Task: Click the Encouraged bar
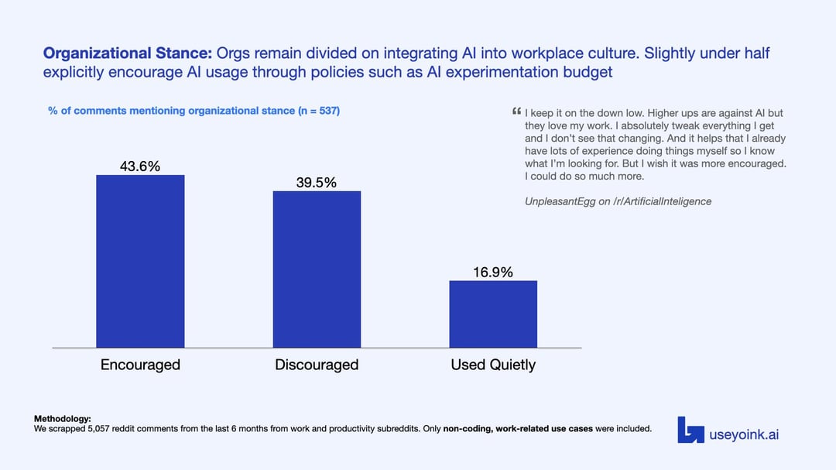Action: (140, 261)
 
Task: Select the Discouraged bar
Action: (317, 269)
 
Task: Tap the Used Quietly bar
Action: (493, 314)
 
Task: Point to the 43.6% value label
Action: (140, 166)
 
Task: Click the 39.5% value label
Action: (317, 183)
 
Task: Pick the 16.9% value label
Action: (493, 272)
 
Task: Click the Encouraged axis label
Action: (140, 365)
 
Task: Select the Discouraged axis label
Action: (317, 365)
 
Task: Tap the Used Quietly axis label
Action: (493, 365)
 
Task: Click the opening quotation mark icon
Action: (516, 113)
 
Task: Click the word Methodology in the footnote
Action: (62, 419)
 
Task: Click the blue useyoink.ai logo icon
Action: (690, 430)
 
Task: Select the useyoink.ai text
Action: (744, 434)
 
